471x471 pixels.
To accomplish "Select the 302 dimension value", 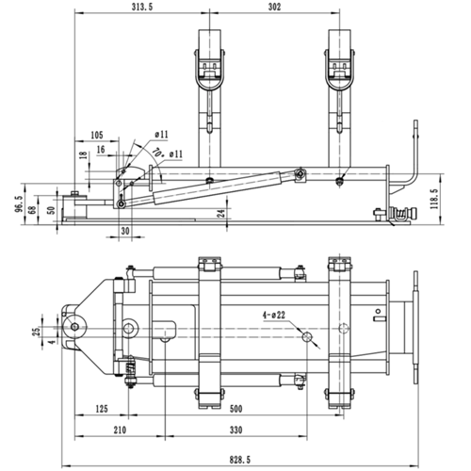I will [x=274, y=7].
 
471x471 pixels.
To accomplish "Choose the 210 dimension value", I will [x=119, y=430].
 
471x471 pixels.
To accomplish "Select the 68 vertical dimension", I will [x=31, y=208].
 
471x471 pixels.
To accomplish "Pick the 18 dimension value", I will [x=83, y=154].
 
